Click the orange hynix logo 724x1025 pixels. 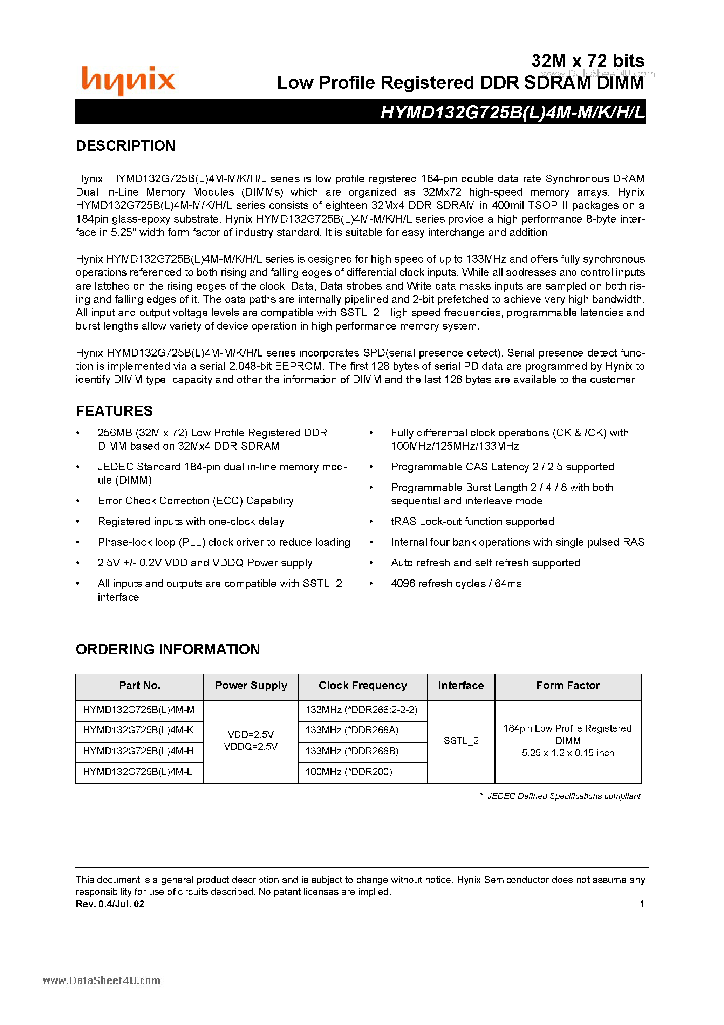tap(128, 80)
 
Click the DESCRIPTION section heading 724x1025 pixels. tap(125, 146)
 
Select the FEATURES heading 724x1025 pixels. tap(114, 411)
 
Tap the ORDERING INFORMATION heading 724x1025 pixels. tap(168, 649)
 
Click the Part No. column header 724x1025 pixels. tap(139, 686)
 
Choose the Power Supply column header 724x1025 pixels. tap(251, 686)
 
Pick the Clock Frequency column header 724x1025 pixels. tap(362, 686)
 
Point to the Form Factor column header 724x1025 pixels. tap(568, 686)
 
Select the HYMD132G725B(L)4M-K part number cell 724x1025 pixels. tap(138, 730)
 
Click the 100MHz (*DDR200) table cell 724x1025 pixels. tap(349, 772)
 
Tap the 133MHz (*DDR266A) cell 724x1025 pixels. tap(352, 730)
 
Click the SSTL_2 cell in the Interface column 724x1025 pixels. tap(461, 741)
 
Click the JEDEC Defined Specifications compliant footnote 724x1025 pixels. tap(563, 796)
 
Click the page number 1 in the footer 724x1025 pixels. tap(642, 904)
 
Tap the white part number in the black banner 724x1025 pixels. tap(512, 113)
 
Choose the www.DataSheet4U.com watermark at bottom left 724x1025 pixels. tap(101, 980)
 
